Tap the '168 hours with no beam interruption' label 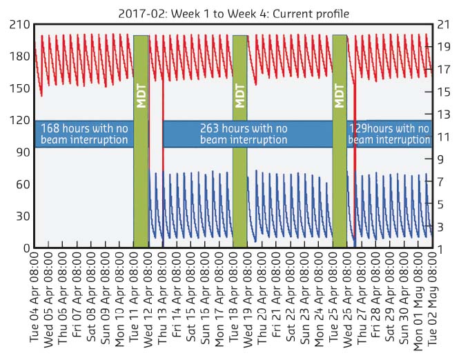84,134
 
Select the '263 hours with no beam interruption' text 244,134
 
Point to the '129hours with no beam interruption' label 391,134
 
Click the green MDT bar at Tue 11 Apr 141,141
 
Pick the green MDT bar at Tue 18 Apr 240,141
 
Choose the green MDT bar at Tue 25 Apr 340,141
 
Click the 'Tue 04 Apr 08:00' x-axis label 35,303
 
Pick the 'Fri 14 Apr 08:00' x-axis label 177,303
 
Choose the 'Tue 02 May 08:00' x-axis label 432,303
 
